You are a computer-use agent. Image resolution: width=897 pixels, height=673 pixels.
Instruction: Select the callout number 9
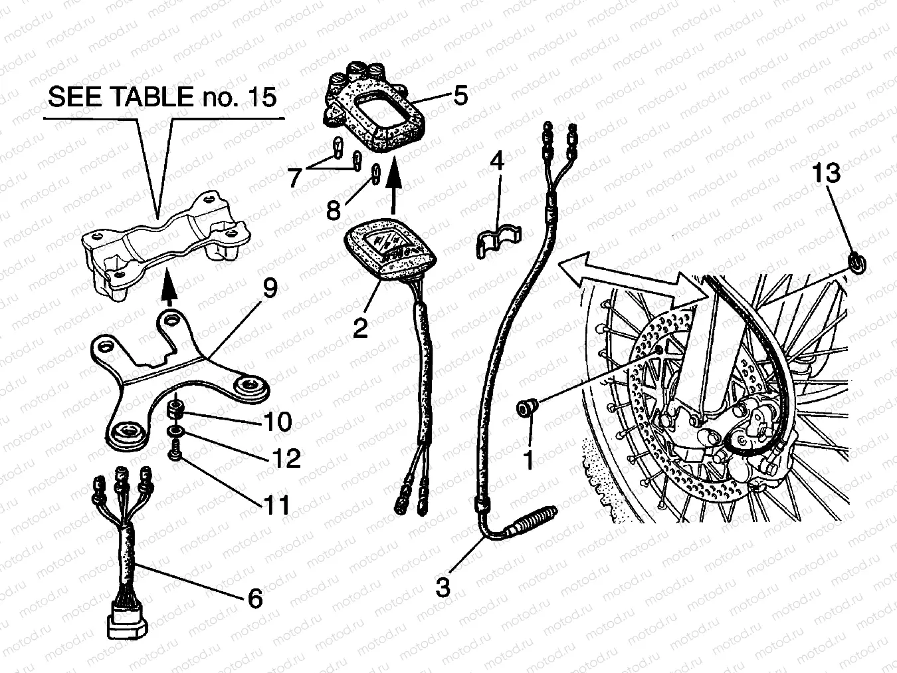click(270, 288)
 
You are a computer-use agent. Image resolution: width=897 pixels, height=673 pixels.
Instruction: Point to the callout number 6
click(254, 598)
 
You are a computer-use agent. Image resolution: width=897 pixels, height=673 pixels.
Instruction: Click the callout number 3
click(443, 588)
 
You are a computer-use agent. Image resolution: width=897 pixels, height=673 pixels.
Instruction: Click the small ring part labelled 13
click(856, 262)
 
